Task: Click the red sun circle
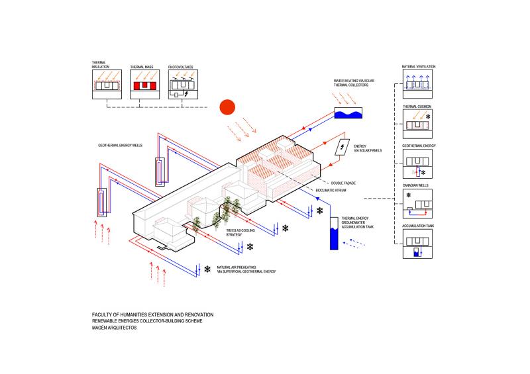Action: point(228,107)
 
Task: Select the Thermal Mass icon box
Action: point(145,85)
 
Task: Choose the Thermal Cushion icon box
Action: point(417,125)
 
